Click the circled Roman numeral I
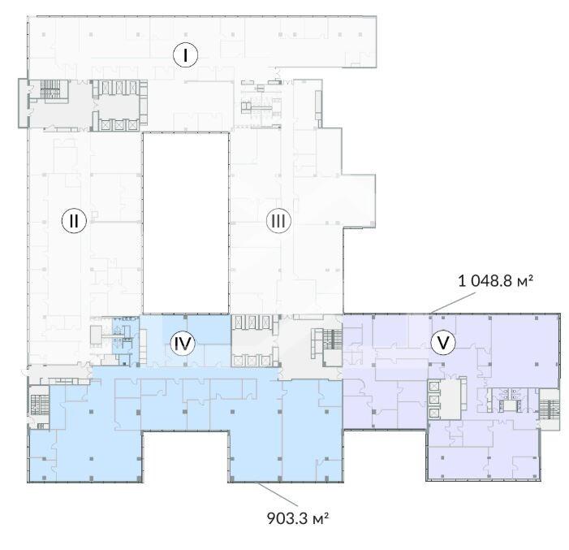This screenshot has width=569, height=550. (185, 55)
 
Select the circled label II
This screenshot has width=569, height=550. (74, 220)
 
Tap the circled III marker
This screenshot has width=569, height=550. (278, 220)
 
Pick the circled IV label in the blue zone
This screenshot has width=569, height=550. (183, 344)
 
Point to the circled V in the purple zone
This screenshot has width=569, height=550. (443, 342)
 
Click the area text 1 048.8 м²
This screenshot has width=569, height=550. (495, 281)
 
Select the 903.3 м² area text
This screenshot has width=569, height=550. (298, 518)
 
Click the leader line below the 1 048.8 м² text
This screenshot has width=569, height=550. (453, 302)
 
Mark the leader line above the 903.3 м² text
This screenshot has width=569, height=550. (277, 493)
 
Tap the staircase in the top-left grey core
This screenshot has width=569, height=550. (50, 89)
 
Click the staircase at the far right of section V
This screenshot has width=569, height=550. (549, 409)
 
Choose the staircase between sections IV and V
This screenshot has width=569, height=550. (332, 339)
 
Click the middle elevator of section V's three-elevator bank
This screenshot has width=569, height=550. (434, 399)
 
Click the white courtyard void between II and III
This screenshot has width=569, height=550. (186, 223)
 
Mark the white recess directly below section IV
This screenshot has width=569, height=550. (185, 457)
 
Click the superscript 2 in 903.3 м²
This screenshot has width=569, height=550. (326, 514)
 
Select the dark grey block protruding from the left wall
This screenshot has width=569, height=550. (23, 103)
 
